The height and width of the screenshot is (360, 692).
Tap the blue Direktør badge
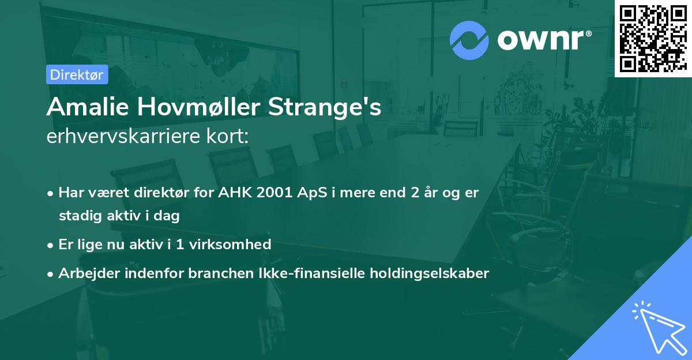[77, 74]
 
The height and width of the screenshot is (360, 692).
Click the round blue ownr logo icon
[469, 40]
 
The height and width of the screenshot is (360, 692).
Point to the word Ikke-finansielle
[310, 273]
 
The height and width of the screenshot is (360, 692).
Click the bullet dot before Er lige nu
[51, 245]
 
